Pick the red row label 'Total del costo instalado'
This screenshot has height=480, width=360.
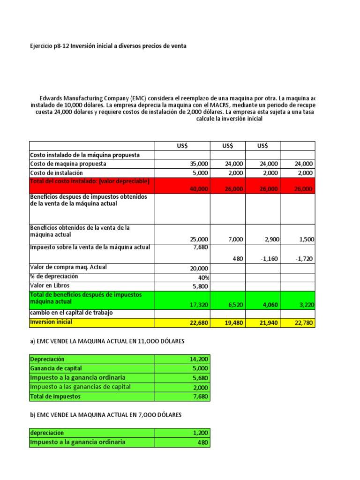point(90,181)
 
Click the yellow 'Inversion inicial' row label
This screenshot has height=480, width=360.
point(51,322)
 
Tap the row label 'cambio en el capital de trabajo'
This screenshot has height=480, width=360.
point(71,313)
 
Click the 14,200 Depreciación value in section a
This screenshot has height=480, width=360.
point(199,359)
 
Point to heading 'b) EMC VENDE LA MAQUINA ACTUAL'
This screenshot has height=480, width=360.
point(105,415)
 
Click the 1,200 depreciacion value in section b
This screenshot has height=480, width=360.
point(201,433)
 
